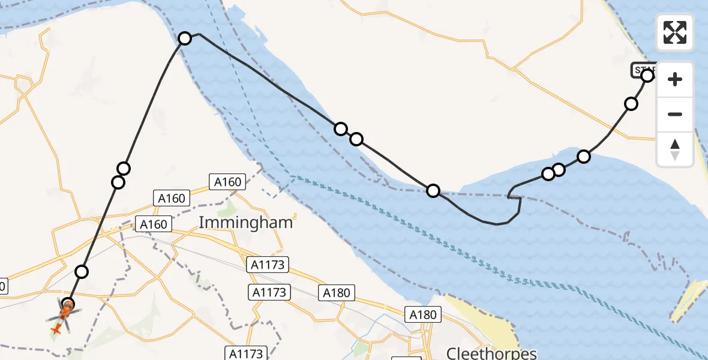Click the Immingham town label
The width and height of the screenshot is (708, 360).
pyautogui.click(x=245, y=223)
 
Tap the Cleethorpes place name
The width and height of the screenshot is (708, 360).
pyautogui.click(x=491, y=352)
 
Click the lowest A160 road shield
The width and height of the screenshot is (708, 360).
pyautogui.click(x=154, y=224)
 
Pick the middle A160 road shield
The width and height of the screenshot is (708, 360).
pyautogui.click(x=172, y=197)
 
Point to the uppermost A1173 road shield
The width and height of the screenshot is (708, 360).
pyautogui.click(x=268, y=263)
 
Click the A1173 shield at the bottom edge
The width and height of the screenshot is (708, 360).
pyautogui.click(x=246, y=353)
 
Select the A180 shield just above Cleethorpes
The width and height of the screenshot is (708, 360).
pyautogui.click(x=424, y=314)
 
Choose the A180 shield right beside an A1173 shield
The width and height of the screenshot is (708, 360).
pyautogui.click(x=337, y=292)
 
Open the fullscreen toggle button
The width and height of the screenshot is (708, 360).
pyautogui.click(x=675, y=32)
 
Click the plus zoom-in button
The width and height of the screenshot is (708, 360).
pyautogui.click(x=675, y=79)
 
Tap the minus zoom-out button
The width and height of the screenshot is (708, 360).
pyautogui.click(x=675, y=114)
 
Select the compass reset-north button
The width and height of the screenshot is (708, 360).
pyautogui.click(x=675, y=149)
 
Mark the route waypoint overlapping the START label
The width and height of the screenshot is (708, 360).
pyautogui.click(x=647, y=76)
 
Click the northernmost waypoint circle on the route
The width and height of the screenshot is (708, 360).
pyautogui.click(x=185, y=38)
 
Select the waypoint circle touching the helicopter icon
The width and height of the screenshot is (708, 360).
pyautogui.click(x=68, y=304)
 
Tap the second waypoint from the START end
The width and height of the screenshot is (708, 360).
pyautogui.click(x=631, y=104)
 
